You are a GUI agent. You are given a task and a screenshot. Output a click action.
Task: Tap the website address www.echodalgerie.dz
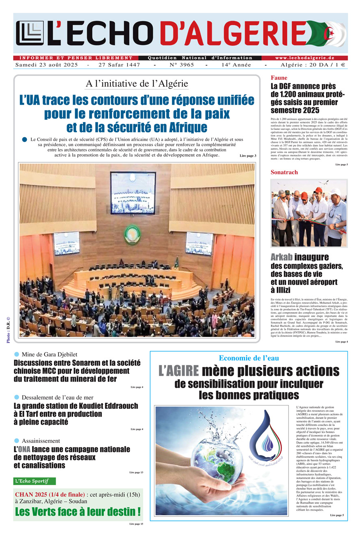pyautogui.click(x=304, y=58)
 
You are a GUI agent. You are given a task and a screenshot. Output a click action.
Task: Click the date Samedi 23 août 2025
pyautogui.click(x=48, y=65)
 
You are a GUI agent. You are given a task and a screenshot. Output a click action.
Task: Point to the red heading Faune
pyautogui.click(x=279, y=78)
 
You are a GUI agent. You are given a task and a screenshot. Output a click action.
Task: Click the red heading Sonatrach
pyautogui.click(x=284, y=172)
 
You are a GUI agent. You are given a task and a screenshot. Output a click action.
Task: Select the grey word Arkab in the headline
pyautogui.click(x=282, y=257)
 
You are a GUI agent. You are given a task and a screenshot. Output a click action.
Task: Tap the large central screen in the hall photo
pyautogui.click(x=133, y=192)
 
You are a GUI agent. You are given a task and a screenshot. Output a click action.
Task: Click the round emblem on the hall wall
pyautogui.click(x=131, y=235)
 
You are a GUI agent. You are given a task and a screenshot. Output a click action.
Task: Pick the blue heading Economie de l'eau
pyautogui.click(x=249, y=358)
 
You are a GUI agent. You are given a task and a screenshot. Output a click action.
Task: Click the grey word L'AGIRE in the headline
pyautogui.click(x=178, y=371)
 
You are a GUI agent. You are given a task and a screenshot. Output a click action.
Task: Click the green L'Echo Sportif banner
pyautogui.click(x=35, y=481)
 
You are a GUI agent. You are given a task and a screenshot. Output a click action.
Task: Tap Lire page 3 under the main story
pyautogui.click(x=248, y=156)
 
